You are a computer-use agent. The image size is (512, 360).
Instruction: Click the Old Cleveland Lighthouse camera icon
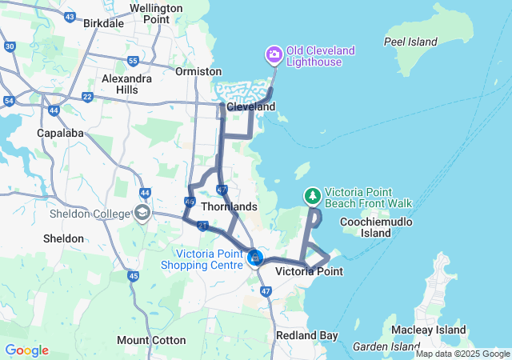click(x=274, y=54)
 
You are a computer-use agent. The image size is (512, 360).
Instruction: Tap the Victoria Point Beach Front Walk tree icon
click(x=313, y=195)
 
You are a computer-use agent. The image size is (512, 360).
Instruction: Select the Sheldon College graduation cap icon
click(x=142, y=213)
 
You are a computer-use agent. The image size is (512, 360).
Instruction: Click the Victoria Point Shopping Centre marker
click(x=255, y=258)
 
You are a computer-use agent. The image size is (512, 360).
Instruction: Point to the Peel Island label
click(x=410, y=42)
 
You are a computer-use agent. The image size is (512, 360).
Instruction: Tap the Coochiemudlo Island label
click(x=376, y=227)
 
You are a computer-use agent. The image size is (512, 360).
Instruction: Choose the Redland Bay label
click(x=306, y=335)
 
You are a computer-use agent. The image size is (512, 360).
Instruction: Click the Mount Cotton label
click(x=151, y=340)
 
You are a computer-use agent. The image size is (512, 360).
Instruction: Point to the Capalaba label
click(x=60, y=133)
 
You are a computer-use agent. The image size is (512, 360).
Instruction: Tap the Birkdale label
click(x=104, y=23)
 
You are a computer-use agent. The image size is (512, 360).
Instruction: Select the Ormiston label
click(x=198, y=70)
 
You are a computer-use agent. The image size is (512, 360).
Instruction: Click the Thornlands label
click(x=229, y=206)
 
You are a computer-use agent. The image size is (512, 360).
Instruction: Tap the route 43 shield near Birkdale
click(x=70, y=17)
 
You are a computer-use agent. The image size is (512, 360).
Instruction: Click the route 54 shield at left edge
click(x=9, y=100)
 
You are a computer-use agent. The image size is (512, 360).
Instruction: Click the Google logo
click(x=26, y=350)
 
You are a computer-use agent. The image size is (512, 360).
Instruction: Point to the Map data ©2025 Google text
click(x=462, y=354)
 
